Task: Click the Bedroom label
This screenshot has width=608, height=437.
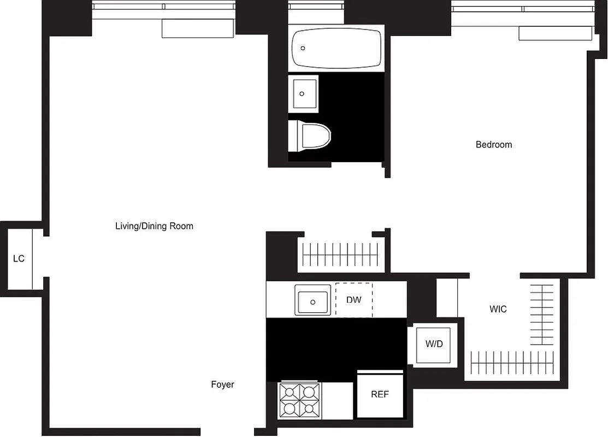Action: coord(494,145)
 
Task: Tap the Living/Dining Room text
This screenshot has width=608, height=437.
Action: coord(154,226)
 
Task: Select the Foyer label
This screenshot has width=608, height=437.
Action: coord(222,385)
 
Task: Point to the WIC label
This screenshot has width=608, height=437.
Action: coord(498,309)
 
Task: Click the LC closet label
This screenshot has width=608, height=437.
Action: coord(19,258)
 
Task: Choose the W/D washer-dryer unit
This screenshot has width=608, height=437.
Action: coord(434,345)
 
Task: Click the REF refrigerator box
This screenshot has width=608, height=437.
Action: coord(380,394)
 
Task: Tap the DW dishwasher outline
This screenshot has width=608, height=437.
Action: coord(353,300)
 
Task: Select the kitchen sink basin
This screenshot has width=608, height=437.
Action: coord(312,300)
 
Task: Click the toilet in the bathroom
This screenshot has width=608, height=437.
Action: coord(310,136)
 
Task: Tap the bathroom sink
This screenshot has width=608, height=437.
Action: coord(303,94)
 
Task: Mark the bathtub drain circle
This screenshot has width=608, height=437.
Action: coord(302,48)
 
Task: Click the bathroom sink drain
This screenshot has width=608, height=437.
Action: coord(302,94)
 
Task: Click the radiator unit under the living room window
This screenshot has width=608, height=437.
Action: coord(198,28)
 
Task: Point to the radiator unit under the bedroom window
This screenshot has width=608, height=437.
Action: coord(554,33)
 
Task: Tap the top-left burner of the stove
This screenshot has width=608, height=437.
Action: coord(290,391)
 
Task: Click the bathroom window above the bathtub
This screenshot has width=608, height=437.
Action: coord(316,7)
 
